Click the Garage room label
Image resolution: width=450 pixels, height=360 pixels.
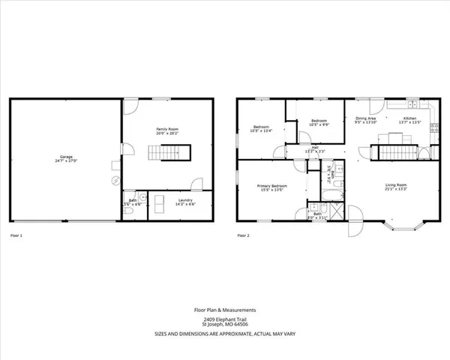pyautogui.click(x=66, y=158)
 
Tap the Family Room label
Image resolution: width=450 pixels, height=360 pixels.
pyautogui.click(x=166, y=130)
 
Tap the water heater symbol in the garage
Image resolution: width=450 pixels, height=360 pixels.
pyautogui.click(x=115, y=181)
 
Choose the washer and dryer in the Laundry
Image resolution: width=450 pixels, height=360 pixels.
pyautogui.click(x=159, y=204)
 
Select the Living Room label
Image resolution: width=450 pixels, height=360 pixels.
pyautogui.click(x=395, y=186)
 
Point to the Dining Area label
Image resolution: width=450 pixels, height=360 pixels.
pyautogui.click(x=365, y=118)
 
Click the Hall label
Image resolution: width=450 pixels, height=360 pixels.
pyautogui.click(x=316, y=148)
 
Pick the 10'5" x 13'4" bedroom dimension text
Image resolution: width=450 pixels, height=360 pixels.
pyautogui.click(x=261, y=131)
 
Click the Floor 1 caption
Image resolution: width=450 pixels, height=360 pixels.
pyautogui.click(x=16, y=235)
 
